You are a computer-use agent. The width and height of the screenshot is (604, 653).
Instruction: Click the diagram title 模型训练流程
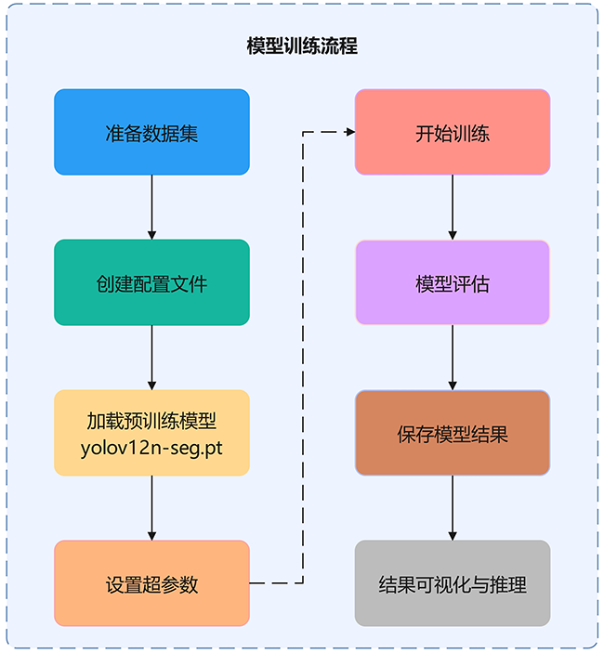click(302, 46)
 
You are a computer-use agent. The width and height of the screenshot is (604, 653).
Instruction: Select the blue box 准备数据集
click(151, 132)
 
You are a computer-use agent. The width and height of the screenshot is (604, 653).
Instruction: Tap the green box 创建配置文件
click(151, 282)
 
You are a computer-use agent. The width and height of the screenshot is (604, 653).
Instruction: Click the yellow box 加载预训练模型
click(151, 421)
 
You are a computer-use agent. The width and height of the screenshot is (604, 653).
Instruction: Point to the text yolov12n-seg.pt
click(151, 447)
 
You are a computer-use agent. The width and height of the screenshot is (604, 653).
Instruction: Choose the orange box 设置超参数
click(151, 583)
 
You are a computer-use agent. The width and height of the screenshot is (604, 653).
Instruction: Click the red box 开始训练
click(453, 132)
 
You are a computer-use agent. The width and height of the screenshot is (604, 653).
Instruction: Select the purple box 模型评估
click(453, 282)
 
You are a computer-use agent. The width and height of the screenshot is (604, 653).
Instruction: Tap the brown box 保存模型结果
click(453, 433)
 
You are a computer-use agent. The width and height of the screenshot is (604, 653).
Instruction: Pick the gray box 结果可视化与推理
click(453, 583)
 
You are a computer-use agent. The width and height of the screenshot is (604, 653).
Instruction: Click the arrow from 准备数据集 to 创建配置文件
click(151, 206)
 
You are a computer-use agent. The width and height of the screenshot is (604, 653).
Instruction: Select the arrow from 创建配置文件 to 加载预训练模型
click(151, 357)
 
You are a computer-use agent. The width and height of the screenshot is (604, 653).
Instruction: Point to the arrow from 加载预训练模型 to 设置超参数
click(151, 507)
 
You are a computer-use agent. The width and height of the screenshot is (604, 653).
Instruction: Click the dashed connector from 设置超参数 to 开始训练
click(304, 358)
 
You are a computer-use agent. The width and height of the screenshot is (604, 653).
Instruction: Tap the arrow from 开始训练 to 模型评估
click(453, 206)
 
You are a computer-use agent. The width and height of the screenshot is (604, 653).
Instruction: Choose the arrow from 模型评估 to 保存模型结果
click(453, 357)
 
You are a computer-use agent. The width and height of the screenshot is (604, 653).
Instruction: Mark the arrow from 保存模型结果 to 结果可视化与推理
click(453, 507)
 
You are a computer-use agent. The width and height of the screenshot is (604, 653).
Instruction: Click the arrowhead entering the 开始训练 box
click(350, 132)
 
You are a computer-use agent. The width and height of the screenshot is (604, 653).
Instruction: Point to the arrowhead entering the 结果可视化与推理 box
click(453, 535)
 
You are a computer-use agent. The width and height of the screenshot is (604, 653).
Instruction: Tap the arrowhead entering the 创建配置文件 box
click(151, 234)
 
